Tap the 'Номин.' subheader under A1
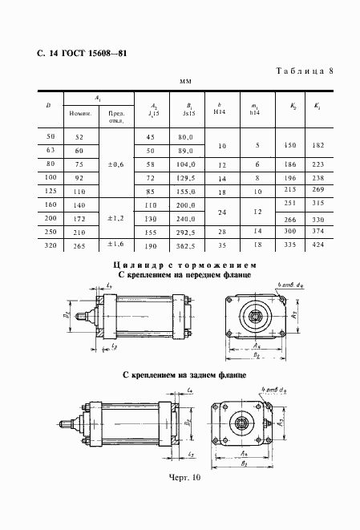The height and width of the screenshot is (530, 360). (x=81, y=114)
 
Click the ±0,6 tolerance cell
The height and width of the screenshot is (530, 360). (x=115, y=165)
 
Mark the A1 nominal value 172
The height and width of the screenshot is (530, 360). (x=80, y=218)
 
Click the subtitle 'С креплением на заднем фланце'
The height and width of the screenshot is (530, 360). (x=184, y=374)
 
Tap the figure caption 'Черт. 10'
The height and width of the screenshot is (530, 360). (x=184, y=500)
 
